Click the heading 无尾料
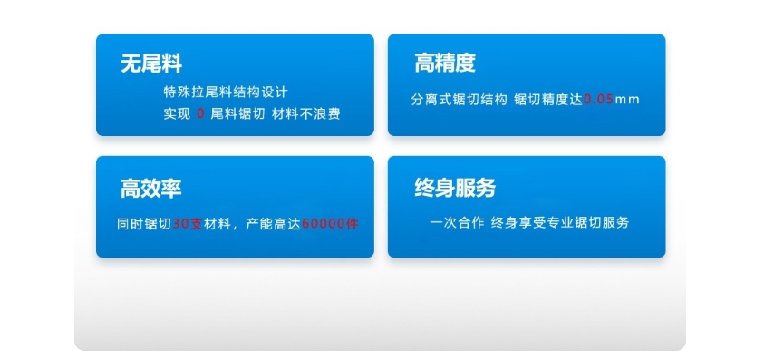coord(151,63)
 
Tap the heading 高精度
coord(444,63)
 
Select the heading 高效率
coord(151,189)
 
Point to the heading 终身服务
coord(455,189)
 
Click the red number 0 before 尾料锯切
coord(200,114)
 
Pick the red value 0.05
coord(598,99)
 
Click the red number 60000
coord(324,222)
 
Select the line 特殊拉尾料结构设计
coord(225,92)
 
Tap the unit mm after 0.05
coord(627,99)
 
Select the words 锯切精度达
coord(548,99)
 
